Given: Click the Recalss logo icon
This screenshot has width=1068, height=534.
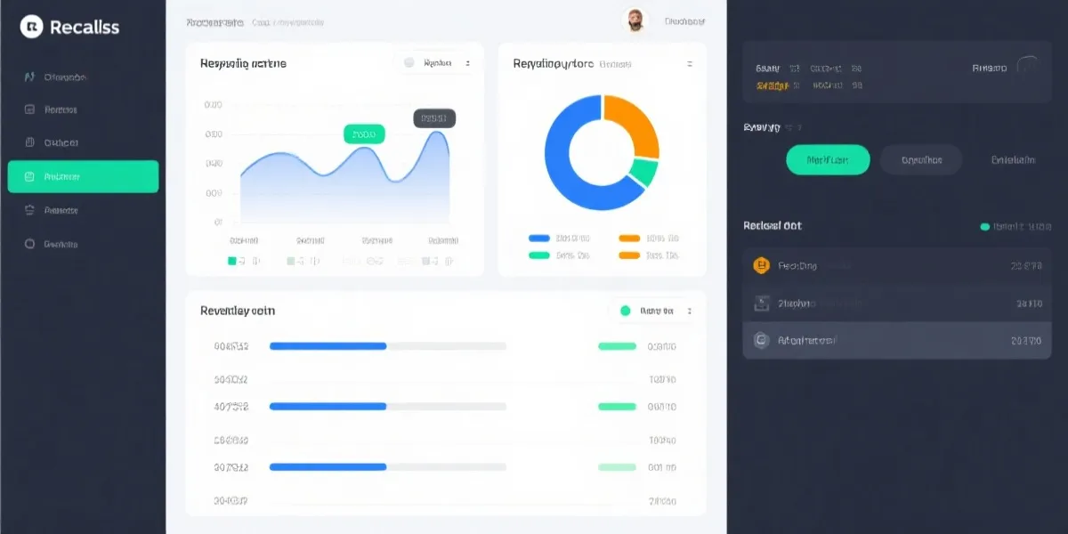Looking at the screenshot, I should (32, 28).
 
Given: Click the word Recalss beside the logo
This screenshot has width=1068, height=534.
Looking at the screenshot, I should (85, 28).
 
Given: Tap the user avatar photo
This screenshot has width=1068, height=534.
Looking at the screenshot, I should (635, 20).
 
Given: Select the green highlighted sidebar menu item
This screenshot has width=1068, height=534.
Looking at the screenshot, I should (83, 176).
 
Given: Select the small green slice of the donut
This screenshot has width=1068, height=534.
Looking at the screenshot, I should (644, 172).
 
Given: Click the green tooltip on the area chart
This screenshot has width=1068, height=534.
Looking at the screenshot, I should (364, 134).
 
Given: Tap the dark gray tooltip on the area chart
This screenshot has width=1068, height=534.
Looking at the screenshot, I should (434, 117).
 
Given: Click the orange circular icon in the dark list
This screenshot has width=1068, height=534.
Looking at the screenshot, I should (761, 265).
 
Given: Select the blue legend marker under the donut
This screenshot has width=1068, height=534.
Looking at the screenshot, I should (538, 239).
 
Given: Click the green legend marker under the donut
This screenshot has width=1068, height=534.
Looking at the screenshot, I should (538, 255).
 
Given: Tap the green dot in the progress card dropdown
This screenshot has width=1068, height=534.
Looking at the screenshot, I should (625, 311).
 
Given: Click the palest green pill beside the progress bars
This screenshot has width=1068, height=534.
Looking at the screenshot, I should (617, 466).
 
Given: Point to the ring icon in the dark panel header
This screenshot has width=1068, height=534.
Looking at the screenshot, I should (1028, 67).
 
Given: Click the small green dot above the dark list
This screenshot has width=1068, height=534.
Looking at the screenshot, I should (984, 227).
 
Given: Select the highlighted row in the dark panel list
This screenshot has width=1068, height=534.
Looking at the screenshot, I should (895, 340).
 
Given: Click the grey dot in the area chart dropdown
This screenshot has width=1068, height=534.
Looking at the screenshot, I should (409, 63).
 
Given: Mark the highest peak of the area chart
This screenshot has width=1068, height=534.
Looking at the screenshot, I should (438, 133).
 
